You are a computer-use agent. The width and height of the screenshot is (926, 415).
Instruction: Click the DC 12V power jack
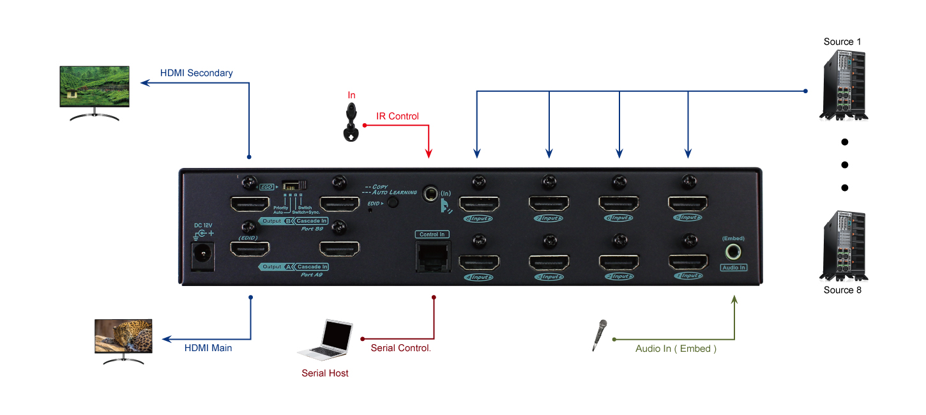coord(203,255)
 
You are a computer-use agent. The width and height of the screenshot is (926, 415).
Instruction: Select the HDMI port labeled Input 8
coord(480,204)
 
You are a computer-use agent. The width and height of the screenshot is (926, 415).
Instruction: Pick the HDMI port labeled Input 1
coord(688,262)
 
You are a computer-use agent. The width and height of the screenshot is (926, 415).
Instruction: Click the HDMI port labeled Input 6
coord(618,204)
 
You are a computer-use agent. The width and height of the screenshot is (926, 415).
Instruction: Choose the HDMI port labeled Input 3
coord(549,262)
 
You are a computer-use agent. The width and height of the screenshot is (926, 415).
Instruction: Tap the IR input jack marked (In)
coord(433,192)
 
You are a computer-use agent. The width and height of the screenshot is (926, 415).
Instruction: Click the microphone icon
coord(599,335)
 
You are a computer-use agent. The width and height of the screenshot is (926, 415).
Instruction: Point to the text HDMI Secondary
coord(196,73)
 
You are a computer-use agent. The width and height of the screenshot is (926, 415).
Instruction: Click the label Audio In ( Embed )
coord(676,349)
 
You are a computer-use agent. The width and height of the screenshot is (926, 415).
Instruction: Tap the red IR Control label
coord(397,116)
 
